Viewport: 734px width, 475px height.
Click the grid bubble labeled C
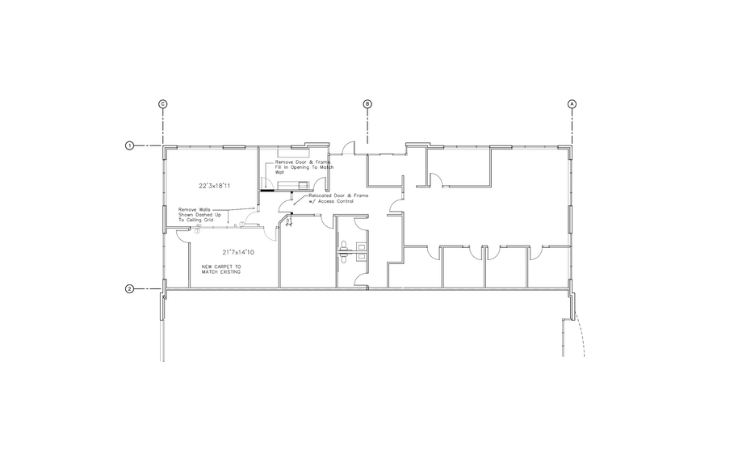(x=163, y=104)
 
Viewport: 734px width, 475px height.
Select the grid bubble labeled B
(x=367, y=104)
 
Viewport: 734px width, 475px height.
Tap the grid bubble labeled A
(x=573, y=104)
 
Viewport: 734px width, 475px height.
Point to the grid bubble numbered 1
(x=129, y=145)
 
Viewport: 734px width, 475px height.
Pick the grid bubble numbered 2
(x=129, y=288)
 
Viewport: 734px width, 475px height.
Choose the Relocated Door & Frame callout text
(x=331, y=199)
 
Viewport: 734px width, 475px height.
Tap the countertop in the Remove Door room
(x=291, y=153)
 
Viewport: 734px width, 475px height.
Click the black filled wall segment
(x=265, y=191)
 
